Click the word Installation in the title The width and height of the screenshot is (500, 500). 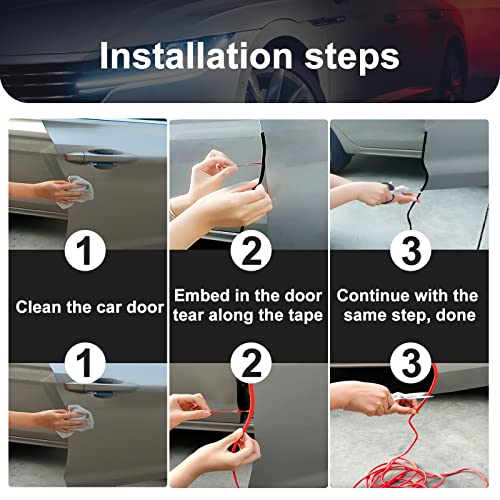coord(189,55)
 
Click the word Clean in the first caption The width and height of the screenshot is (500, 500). coord(40,306)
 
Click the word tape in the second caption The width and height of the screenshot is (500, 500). coord(300,316)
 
